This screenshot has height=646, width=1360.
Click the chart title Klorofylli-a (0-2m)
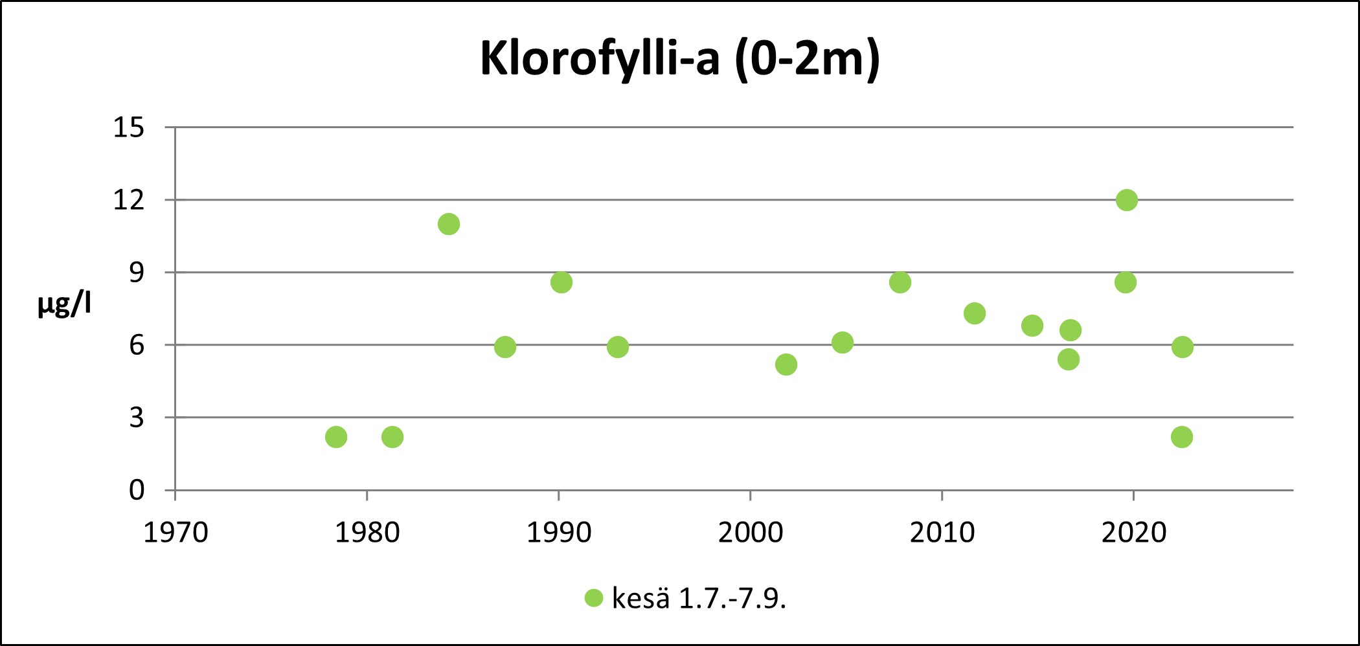pos(680,59)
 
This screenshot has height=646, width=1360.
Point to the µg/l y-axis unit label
pos(64,304)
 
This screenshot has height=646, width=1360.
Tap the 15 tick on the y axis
pos(129,128)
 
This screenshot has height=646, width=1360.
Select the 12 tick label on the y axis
pos(129,200)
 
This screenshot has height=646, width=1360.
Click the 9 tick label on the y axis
pos(136,273)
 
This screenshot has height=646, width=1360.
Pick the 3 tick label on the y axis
pos(136,418)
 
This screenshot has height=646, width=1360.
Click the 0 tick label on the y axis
pos(136,490)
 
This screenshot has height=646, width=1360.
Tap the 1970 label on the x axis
pos(176,533)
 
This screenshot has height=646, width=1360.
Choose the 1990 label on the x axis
pos(559,533)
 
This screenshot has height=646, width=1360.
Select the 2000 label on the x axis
pos(751,533)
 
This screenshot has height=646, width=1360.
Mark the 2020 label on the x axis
pos(1134,533)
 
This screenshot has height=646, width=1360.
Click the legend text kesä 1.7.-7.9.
pos(699,599)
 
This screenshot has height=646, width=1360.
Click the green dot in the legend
pos(594,598)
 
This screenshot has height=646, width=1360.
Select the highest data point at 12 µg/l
pos(1127,200)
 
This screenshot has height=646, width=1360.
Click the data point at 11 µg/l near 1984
pos(449,224)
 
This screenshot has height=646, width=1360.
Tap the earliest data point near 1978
pos(336,437)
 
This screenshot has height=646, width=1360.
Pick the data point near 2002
pos(786,364)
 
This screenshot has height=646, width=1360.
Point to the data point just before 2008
pos(900,282)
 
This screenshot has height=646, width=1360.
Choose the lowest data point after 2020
pos(1182,437)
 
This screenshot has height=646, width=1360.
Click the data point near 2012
pos(975,313)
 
